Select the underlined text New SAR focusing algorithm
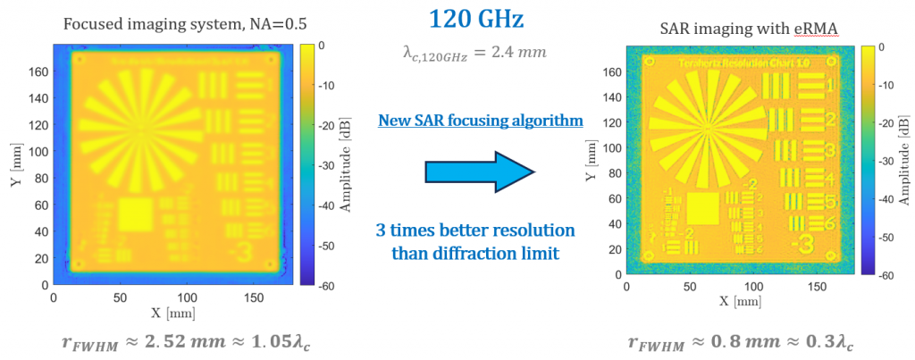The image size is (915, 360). [481, 120]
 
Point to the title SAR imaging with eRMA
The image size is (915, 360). [743, 29]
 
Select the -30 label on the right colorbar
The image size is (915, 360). [896, 164]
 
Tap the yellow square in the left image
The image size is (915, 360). [136, 215]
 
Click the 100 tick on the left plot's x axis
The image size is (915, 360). [186, 297]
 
